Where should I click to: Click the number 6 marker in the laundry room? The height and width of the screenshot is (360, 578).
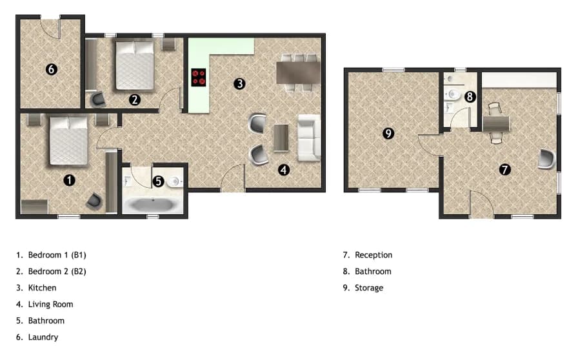[x=52, y=69]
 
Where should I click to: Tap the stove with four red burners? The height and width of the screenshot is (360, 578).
[x=199, y=78]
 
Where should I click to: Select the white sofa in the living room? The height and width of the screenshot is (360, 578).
[x=308, y=137]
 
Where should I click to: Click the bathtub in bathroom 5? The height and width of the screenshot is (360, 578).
[x=152, y=206]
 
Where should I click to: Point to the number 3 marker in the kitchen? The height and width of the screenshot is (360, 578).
[x=239, y=83]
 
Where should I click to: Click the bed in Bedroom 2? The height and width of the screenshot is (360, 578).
[x=135, y=65]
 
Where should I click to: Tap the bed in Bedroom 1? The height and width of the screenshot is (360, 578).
[x=68, y=141]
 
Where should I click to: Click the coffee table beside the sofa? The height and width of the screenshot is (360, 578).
[x=281, y=137]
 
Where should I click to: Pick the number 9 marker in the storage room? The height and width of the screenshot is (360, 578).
[x=388, y=134]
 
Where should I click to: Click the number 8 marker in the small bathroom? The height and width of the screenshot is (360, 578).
[x=470, y=97]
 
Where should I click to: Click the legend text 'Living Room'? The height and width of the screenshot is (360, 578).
[x=50, y=305]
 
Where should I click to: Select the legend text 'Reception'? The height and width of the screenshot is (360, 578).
[x=374, y=255]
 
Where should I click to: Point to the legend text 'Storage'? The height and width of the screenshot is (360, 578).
[x=369, y=288]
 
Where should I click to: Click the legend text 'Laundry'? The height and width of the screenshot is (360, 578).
[x=43, y=337]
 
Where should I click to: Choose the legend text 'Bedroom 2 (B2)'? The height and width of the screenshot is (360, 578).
[x=57, y=272]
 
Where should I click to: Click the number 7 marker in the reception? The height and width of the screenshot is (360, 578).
[x=504, y=170]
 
